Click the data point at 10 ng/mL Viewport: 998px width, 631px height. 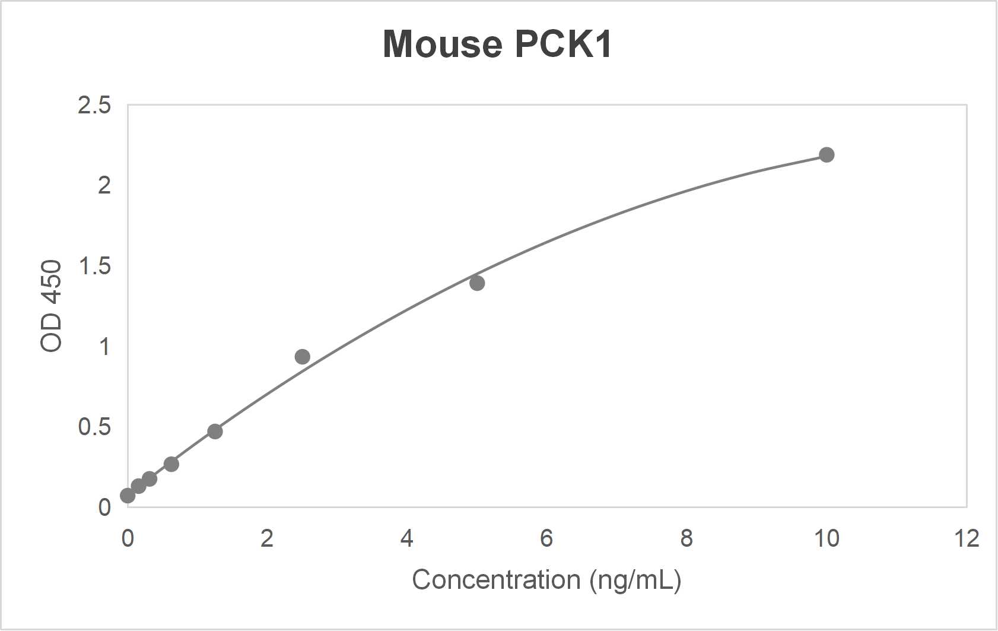pyautogui.click(x=826, y=155)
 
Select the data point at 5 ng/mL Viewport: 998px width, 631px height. pyautogui.click(x=477, y=283)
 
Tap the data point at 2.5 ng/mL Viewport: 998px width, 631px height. pyautogui.click(x=302, y=357)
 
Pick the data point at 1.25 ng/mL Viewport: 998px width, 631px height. pyautogui.click(x=215, y=432)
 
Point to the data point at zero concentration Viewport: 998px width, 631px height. pyautogui.click(x=128, y=495)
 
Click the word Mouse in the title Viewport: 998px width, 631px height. pyautogui.click(x=442, y=45)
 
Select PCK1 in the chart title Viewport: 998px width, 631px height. pyautogui.click(x=563, y=45)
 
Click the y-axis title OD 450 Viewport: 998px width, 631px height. pyautogui.click(x=52, y=306)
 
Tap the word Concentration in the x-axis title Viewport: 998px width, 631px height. pyautogui.click(x=496, y=580)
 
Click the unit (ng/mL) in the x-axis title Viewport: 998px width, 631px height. pyautogui.click(x=635, y=580)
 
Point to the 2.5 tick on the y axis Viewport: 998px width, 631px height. pyautogui.click(x=94, y=106)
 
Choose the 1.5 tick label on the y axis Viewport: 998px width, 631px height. pyautogui.click(x=94, y=267)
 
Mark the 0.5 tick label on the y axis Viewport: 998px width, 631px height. pyautogui.click(x=94, y=427)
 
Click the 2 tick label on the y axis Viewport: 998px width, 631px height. pyautogui.click(x=104, y=186)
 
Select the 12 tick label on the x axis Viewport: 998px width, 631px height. pyautogui.click(x=966, y=539)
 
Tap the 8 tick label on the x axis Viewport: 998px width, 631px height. pyautogui.click(x=686, y=539)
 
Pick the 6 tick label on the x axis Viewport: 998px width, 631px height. pyautogui.click(x=546, y=539)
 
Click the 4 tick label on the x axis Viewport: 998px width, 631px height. pyautogui.click(x=406, y=539)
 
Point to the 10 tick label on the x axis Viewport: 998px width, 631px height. pyautogui.click(x=826, y=539)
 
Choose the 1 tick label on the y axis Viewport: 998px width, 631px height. pyautogui.click(x=105, y=347)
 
